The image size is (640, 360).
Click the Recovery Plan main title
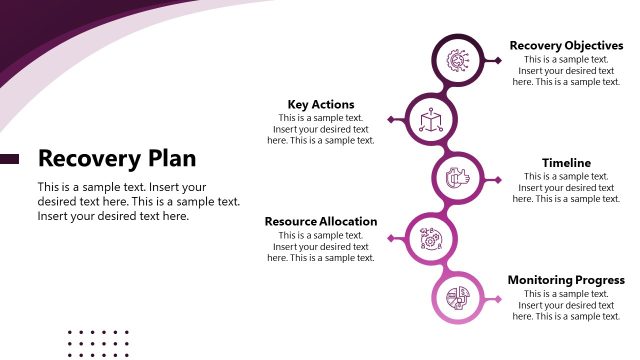pos(116,158)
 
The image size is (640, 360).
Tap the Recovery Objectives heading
pos(566,45)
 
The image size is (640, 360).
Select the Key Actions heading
pos(320,104)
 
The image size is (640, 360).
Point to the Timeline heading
pos(566,163)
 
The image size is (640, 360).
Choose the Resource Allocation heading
pos(320,221)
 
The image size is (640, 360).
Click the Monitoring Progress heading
pos(566,280)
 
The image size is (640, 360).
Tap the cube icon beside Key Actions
pos(431,120)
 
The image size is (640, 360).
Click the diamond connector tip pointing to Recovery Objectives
pos(498,61)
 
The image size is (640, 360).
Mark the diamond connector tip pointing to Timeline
pos(498,179)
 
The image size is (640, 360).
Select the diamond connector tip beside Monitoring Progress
pos(498,297)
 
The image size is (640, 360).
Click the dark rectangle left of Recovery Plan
pos(9,159)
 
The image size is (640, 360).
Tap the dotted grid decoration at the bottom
pos(98,343)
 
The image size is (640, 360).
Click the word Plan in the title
pos(172,158)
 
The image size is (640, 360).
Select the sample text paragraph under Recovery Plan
pos(138,201)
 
